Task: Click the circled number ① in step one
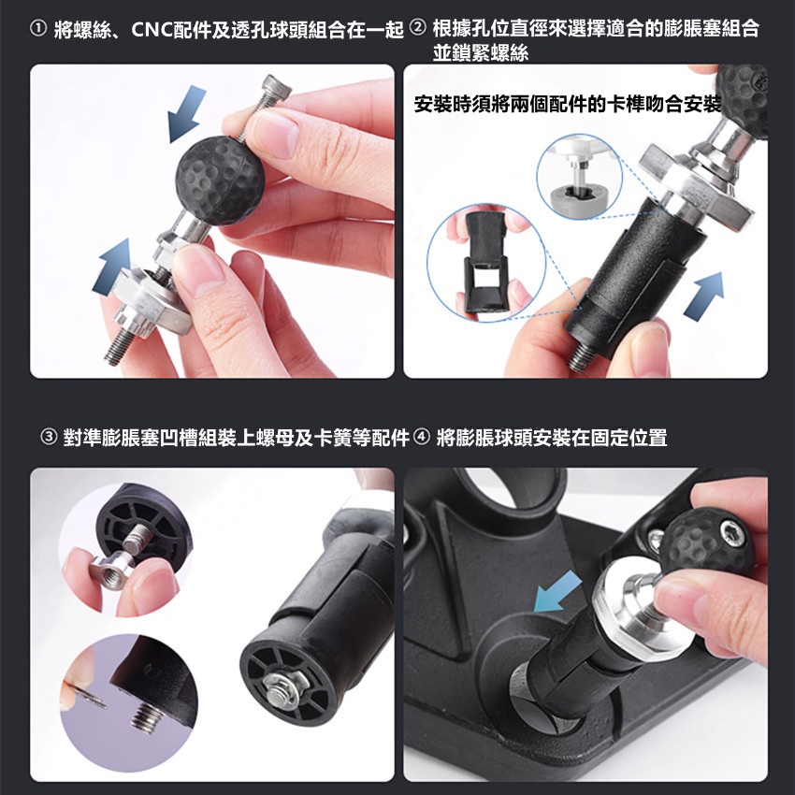point(38,30)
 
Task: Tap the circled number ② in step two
point(417,28)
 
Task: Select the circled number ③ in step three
point(50,437)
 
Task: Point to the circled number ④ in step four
point(422,437)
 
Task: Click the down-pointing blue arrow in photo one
point(185,112)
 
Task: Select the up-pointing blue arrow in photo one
point(112,267)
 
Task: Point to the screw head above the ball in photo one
point(278,86)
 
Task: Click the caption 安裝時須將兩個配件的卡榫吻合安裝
point(568,105)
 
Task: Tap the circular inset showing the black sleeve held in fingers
point(485,263)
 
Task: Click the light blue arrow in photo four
point(557,592)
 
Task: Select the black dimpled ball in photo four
point(709,542)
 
